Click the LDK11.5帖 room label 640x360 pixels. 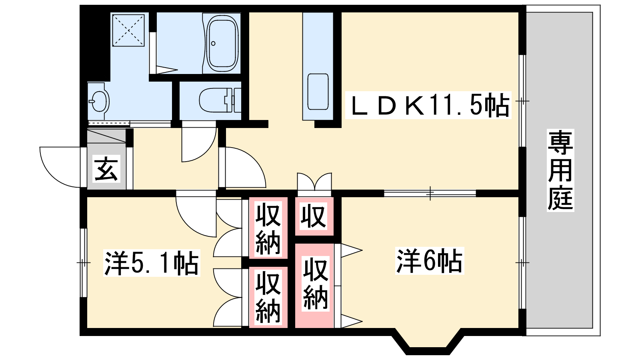[428, 105]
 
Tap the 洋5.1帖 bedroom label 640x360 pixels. [152, 263]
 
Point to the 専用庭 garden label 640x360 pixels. [560, 170]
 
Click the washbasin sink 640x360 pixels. [98, 101]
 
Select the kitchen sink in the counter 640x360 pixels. [318, 92]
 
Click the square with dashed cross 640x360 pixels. [128, 30]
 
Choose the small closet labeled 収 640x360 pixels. [314, 216]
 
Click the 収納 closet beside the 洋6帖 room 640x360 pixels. [314, 286]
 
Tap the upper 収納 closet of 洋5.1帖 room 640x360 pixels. [268, 228]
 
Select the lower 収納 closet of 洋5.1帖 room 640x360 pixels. [268, 297]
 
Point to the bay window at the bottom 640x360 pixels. [428, 344]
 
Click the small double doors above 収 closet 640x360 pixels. [314, 181]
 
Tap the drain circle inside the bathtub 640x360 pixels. [213, 44]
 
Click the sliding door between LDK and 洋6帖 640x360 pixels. [430, 194]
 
